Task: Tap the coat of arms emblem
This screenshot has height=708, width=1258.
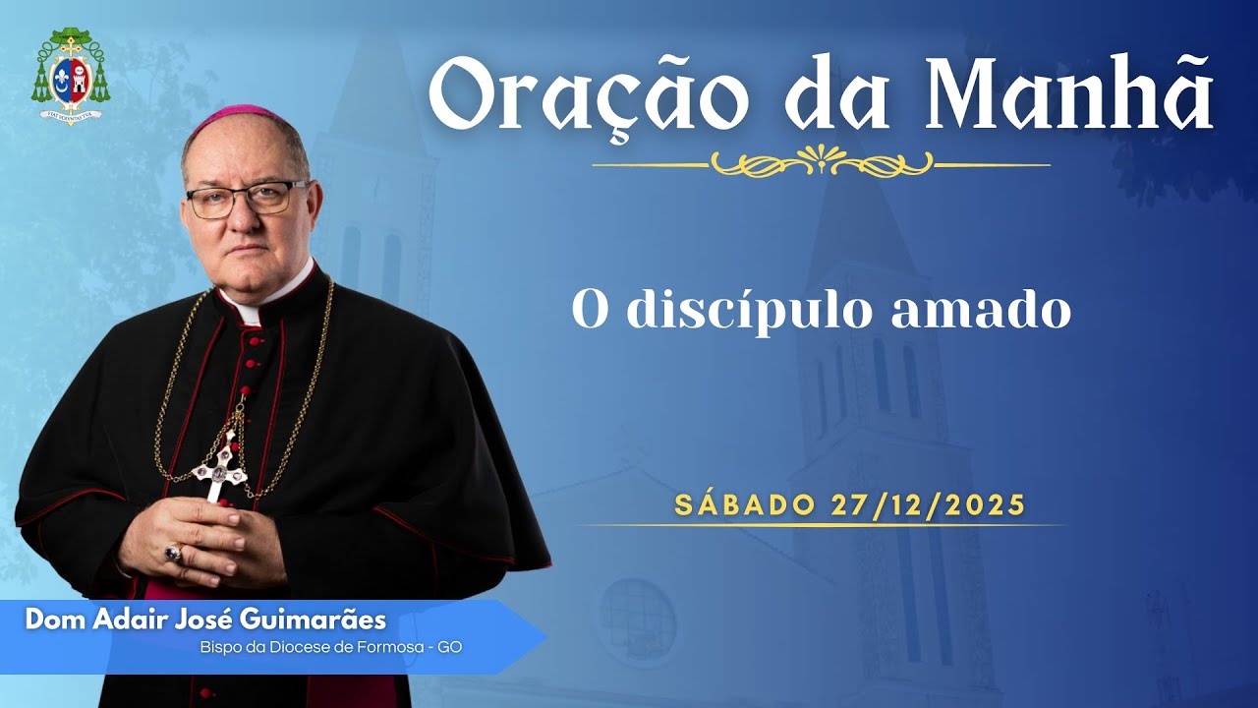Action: pos(70,75)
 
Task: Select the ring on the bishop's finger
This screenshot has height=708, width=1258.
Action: pos(173,553)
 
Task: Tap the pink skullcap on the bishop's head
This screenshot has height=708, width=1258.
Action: pos(236,116)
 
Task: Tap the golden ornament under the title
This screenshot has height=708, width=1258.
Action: pos(822,161)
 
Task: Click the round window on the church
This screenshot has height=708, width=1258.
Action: pos(637,619)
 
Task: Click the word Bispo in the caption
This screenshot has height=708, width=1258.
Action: pos(221,647)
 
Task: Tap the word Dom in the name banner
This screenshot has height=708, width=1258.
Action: pos(48,620)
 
